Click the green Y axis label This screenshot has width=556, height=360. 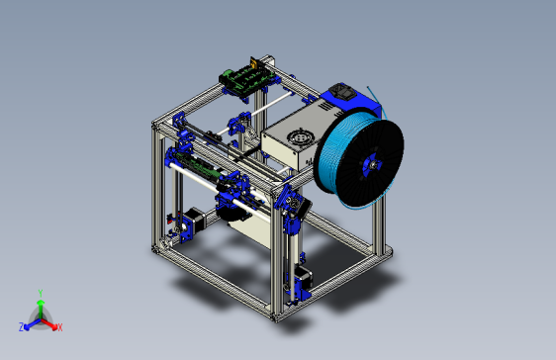coord(40,293)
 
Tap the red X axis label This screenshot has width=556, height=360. coord(59,326)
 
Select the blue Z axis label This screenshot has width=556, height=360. coord(22,326)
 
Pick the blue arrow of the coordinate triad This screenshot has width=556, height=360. coord(31,322)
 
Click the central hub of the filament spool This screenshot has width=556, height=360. coord(371,164)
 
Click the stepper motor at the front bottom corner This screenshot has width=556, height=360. coord(299,282)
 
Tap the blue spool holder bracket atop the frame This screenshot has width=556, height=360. coord(341,97)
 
